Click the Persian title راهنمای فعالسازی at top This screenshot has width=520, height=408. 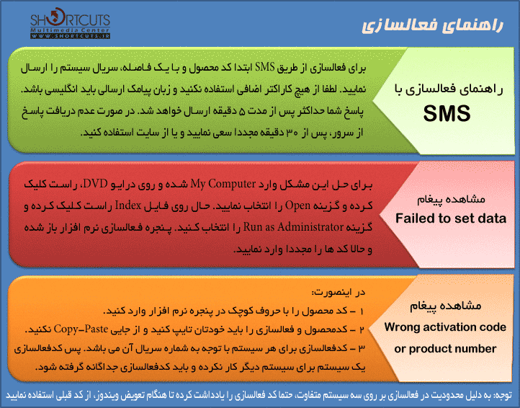tap(432, 25)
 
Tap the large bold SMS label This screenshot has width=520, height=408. tap(447, 113)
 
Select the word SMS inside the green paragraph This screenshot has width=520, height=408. tap(264, 67)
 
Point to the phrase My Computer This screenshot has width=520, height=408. tap(223, 184)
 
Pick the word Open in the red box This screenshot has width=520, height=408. tap(298, 205)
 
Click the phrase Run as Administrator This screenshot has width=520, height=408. tap(293, 227)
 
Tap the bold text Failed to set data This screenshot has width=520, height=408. tap(451, 218)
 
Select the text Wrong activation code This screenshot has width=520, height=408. tap(445, 327)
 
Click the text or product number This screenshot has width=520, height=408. tap(445, 349)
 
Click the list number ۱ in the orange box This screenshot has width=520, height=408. tap(362, 311)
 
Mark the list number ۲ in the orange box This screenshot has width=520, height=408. tap(362, 329)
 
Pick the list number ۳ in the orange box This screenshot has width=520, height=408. tap(362, 348)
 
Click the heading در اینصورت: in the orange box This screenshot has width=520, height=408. tap(339, 293)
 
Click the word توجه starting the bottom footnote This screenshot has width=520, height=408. tap(503, 395)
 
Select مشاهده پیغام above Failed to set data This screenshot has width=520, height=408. tap(451, 199)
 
